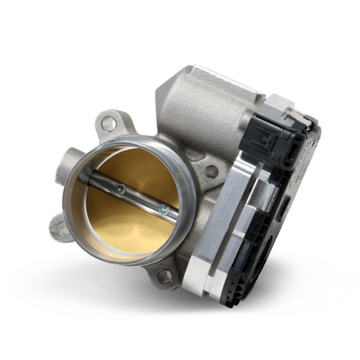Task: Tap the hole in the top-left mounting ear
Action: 109,124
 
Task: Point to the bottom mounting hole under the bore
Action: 164,275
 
